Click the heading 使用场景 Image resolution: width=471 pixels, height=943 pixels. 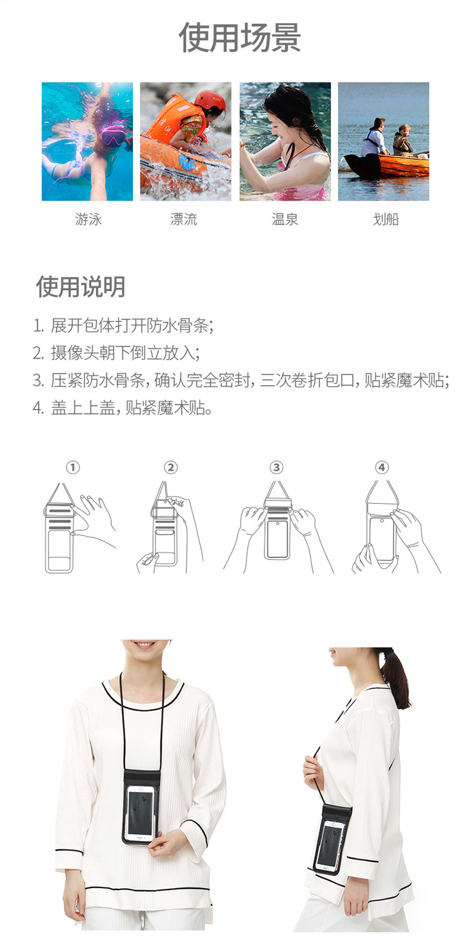[x=240, y=38]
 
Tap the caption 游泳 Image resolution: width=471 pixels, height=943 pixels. [x=88, y=219]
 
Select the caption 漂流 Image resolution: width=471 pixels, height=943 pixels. [x=184, y=219]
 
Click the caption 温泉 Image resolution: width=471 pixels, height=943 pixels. [x=285, y=219]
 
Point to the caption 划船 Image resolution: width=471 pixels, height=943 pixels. [x=386, y=219]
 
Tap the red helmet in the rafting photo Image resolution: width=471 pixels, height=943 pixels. [x=210, y=101]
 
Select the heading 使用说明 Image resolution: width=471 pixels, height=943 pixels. [x=81, y=286]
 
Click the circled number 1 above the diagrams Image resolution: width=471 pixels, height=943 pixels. [x=73, y=467]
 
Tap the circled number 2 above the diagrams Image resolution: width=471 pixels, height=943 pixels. [x=170, y=467]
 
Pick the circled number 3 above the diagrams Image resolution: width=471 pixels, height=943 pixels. [x=276, y=467]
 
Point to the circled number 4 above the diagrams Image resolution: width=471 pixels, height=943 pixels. [x=382, y=467]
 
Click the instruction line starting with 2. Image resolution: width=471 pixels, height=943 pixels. [x=116, y=353]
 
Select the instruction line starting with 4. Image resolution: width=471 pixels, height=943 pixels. [x=123, y=408]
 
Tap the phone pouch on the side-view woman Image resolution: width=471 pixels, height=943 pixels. [x=332, y=839]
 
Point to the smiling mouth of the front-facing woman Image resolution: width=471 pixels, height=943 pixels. [x=145, y=644]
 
